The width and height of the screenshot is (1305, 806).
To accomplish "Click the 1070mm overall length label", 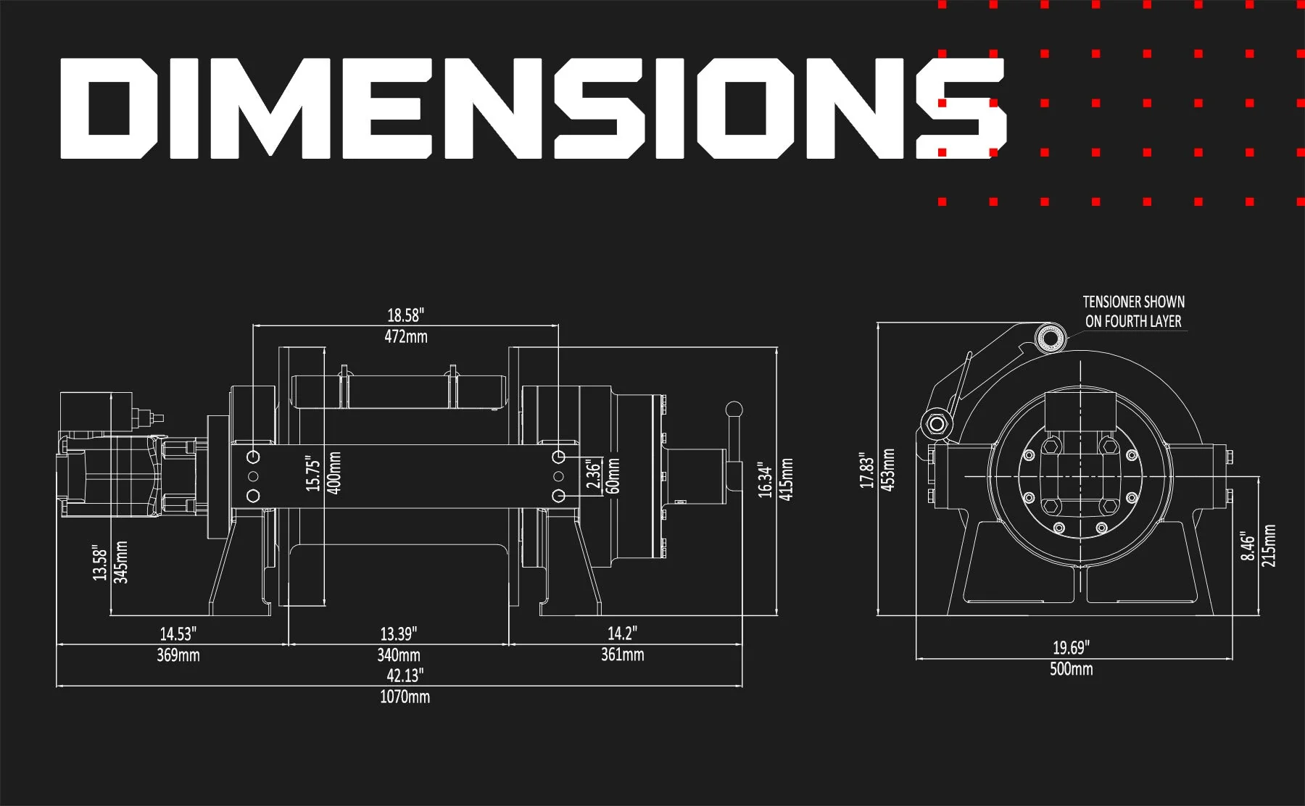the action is [x=405, y=697].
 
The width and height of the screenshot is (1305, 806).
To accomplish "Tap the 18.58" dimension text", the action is [x=405, y=315].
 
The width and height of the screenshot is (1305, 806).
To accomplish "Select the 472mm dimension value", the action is [x=406, y=336].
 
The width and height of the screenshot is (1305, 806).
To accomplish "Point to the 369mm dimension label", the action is [x=178, y=655].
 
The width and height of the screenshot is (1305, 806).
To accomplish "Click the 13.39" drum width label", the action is [x=398, y=634].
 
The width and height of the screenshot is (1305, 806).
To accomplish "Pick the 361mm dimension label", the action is [x=622, y=655].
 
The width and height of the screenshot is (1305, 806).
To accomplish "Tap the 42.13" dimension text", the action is [x=405, y=676].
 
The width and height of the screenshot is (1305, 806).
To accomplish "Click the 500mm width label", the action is [x=1071, y=668].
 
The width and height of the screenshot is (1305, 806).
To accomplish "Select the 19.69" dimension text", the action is [x=1071, y=647].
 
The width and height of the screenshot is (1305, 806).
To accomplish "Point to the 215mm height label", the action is [x=1269, y=546].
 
